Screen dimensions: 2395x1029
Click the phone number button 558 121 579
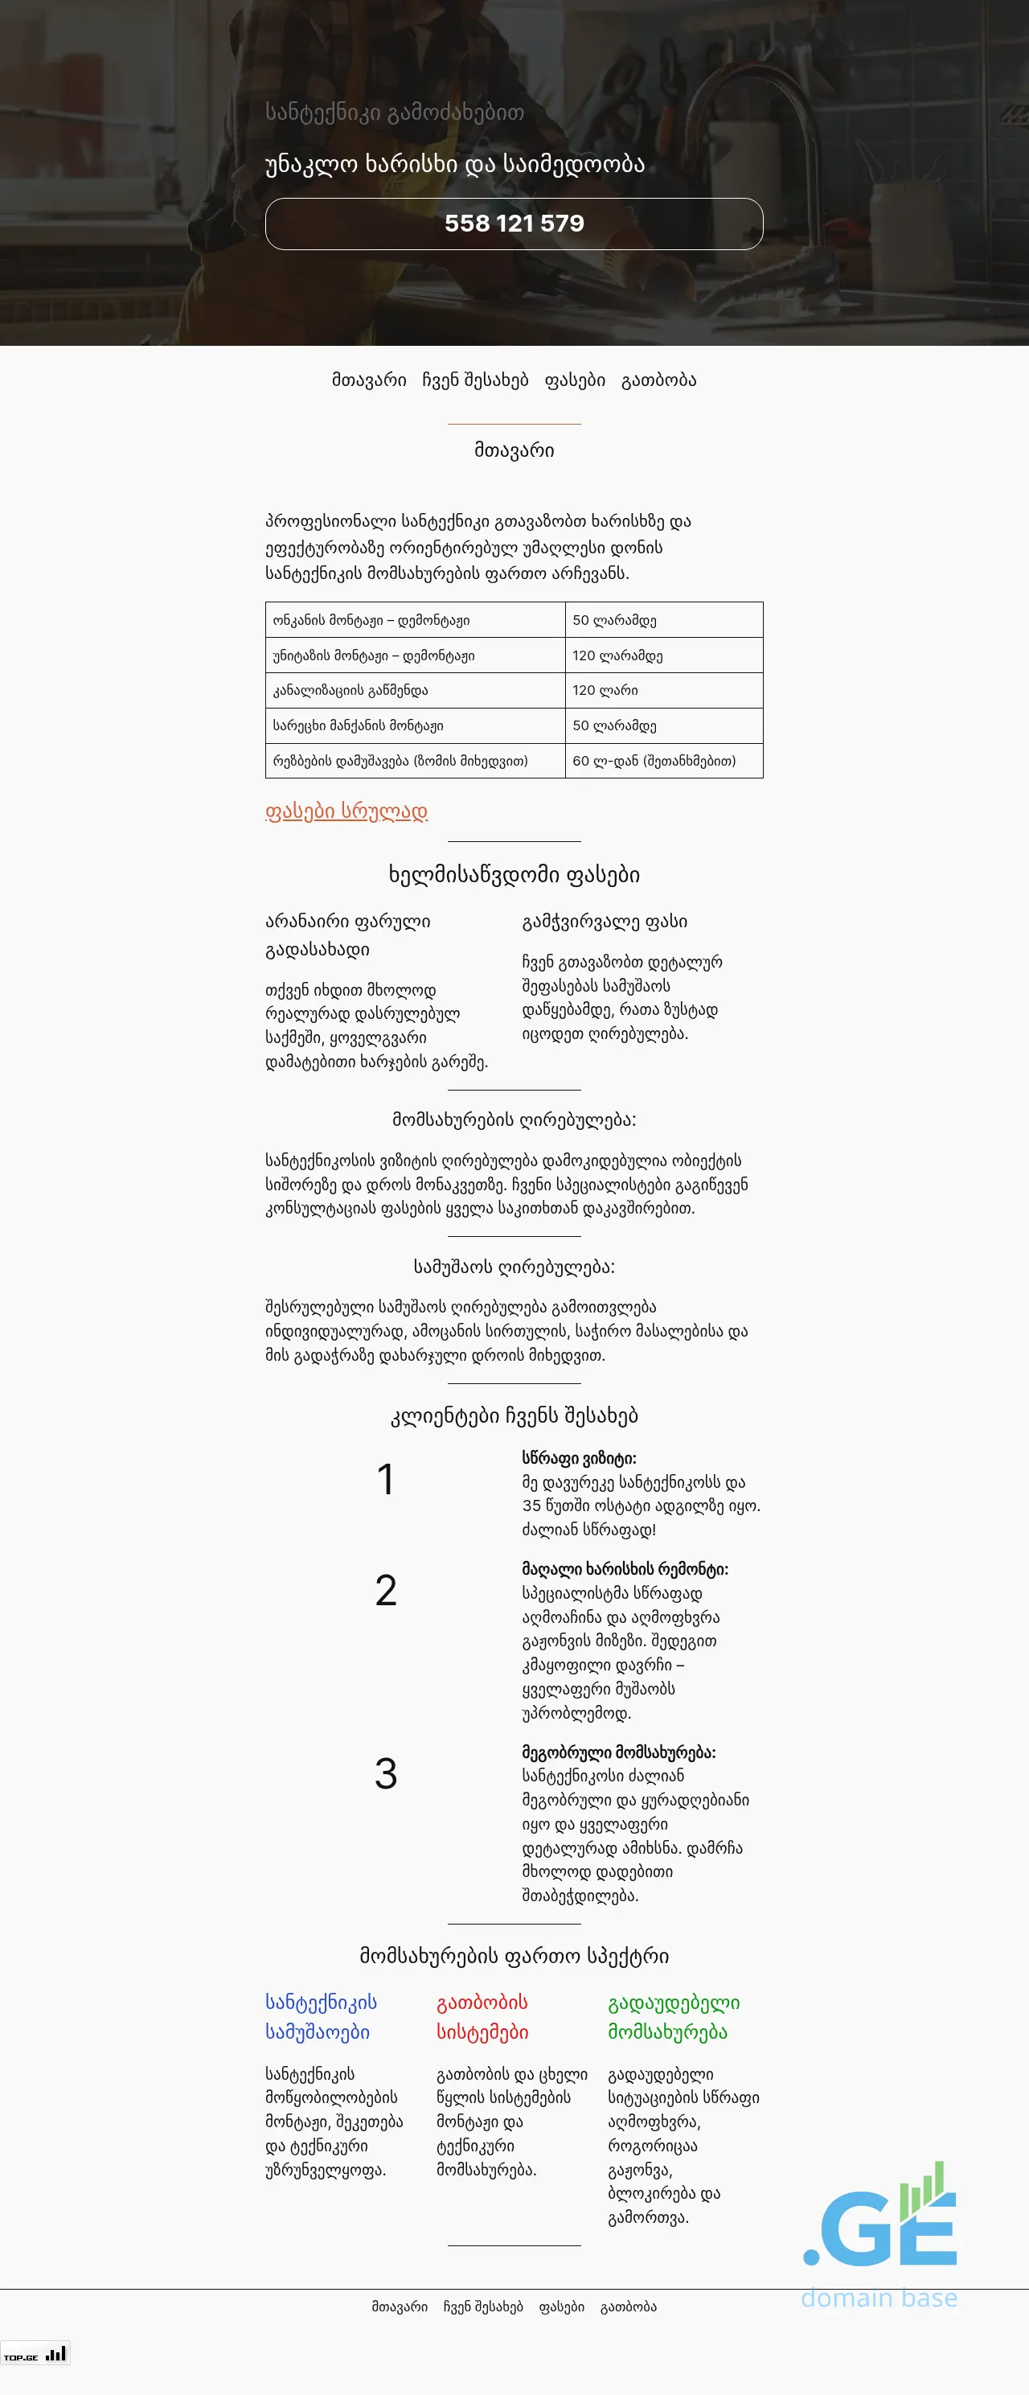click(514, 224)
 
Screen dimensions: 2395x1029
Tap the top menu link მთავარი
click(369, 380)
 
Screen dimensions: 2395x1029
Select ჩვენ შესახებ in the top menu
click(475, 380)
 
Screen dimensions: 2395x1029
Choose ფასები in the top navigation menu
click(575, 380)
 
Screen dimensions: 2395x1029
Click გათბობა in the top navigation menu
click(658, 380)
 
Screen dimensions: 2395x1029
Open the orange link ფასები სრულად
click(346, 811)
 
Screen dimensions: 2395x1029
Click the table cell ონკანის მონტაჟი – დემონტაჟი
click(371, 620)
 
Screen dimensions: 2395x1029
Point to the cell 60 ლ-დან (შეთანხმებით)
click(654, 761)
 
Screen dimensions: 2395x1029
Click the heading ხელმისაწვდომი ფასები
click(514, 875)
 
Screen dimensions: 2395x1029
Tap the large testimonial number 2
click(386, 1591)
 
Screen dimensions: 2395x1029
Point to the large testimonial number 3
click(386, 1774)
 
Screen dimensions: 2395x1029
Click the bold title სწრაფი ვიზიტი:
click(579, 1458)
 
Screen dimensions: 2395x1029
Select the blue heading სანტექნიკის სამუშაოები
click(321, 2016)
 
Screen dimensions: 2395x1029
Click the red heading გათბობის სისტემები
click(482, 2016)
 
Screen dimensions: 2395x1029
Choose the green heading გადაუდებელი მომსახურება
click(673, 2016)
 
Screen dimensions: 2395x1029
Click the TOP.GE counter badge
click(35, 2354)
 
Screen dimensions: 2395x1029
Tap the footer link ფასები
click(561, 2307)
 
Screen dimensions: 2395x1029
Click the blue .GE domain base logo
click(879, 2232)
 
